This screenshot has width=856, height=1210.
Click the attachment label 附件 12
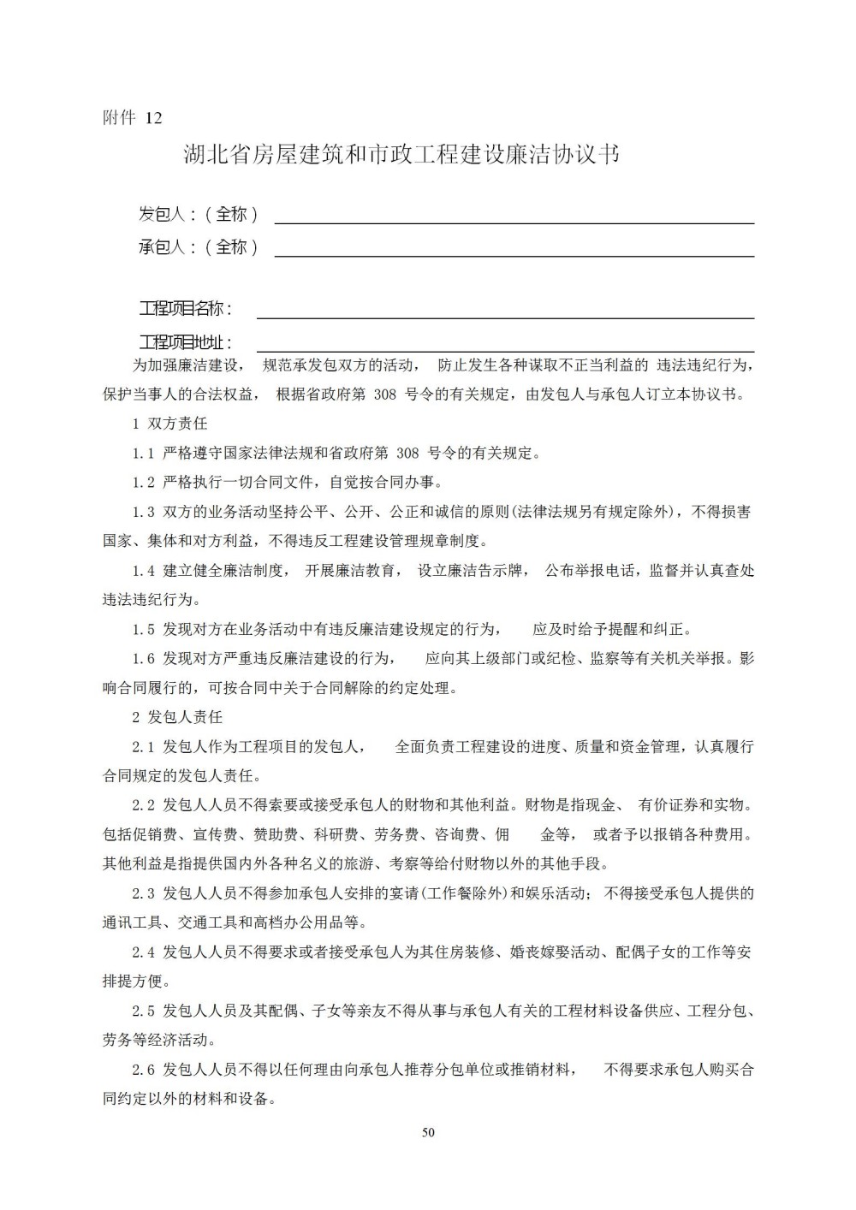tap(132, 118)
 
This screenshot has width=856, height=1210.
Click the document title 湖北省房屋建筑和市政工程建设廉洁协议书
tap(401, 155)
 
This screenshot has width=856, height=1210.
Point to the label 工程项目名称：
tap(186, 308)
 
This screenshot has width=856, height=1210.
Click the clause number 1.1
tap(143, 454)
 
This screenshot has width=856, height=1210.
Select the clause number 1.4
tap(143, 571)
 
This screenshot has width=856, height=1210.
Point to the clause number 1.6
tap(143, 658)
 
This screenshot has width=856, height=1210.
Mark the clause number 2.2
tap(143, 805)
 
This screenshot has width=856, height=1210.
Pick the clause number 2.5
tap(143, 1011)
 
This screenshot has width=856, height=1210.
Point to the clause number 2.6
tap(143, 1069)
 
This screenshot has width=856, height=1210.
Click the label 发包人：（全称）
tap(199, 214)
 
